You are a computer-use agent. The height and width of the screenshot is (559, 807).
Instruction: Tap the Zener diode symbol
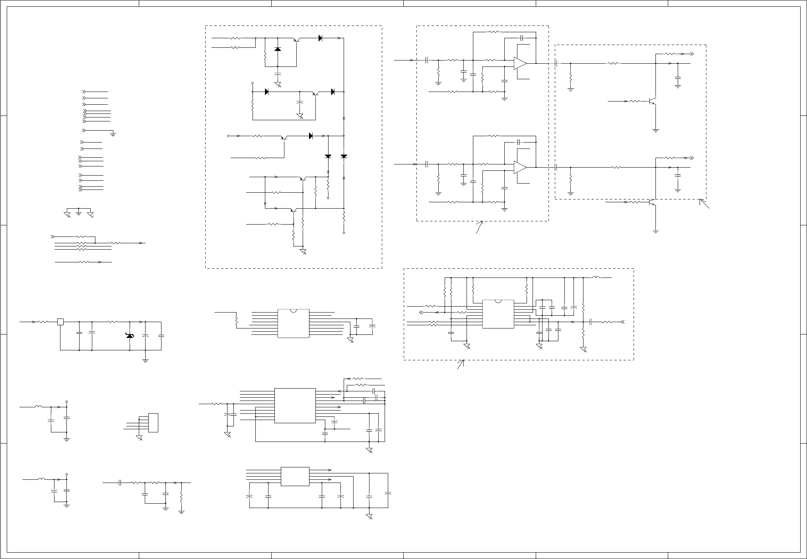(130, 336)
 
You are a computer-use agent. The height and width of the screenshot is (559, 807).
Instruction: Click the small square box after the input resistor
(60, 322)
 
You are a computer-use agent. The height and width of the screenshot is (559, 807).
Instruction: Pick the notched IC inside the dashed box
(498, 314)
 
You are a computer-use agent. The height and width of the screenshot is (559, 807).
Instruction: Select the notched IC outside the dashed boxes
(294, 323)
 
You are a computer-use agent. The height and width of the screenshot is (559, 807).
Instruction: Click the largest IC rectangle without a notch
(295, 405)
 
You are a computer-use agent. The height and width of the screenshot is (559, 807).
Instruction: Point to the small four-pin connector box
(153, 423)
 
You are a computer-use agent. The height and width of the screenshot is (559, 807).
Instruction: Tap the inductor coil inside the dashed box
(596, 278)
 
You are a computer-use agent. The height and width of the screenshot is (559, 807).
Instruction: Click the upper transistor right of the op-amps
(653, 102)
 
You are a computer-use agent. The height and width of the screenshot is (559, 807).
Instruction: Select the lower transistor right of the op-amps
(653, 202)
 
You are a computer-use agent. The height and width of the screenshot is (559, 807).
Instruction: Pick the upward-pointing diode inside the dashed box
(278, 49)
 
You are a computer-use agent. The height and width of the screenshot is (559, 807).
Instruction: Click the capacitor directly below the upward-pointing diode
(278, 74)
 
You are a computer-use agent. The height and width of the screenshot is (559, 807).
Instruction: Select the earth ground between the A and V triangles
(79, 214)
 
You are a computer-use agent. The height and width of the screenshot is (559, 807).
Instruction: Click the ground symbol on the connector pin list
(113, 134)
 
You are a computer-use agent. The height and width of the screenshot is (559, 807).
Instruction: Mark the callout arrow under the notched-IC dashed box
(461, 364)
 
